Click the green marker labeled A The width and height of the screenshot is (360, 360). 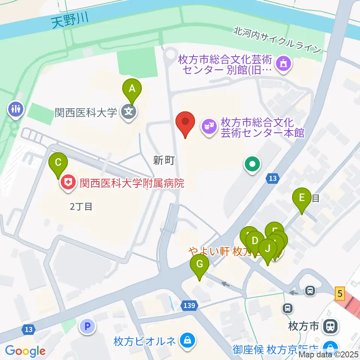click(132, 89)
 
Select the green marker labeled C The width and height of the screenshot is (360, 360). click(58, 163)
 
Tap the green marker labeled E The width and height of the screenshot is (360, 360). click(302, 197)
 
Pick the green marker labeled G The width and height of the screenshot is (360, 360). click(199, 265)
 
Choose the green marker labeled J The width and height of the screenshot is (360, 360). click(268, 249)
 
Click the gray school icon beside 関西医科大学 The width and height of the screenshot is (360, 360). click(128, 112)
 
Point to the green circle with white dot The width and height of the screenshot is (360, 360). click(252, 164)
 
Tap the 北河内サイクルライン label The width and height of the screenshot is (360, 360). click(277, 39)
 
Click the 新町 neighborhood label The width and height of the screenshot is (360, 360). click(164, 161)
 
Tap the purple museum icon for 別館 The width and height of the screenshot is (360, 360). click(283, 64)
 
